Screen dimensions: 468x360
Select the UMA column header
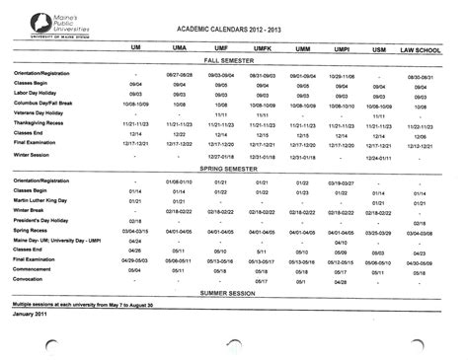(x=182, y=48)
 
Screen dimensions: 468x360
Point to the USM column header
(x=379, y=48)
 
